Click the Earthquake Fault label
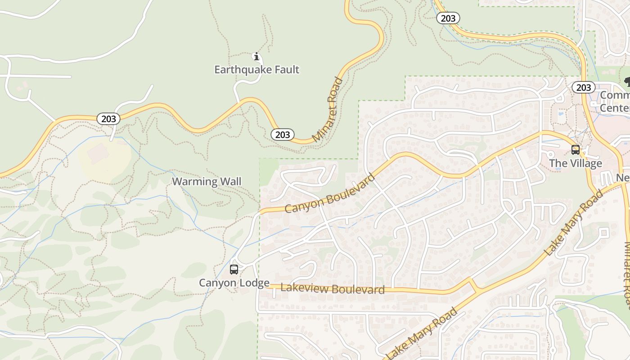click(x=256, y=70)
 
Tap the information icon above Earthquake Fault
click(x=256, y=57)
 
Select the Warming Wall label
click(x=207, y=182)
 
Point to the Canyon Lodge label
click(x=234, y=283)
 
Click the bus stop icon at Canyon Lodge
click(x=234, y=270)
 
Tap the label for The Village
click(x=575, y=163)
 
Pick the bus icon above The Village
click(x=575, y=150)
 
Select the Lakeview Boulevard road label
click(x=333, y=288)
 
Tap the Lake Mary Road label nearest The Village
click(x=574, y=223)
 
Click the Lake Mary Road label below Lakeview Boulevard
click(x=422, y=333)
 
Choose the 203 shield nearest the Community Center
click(x=583, y=87)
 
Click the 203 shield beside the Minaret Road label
click(x=283, y=134)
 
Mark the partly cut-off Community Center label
click(x=615, y=102)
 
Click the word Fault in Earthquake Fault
click(x=285, y=70)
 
